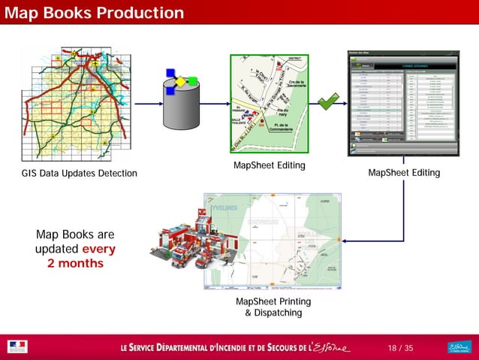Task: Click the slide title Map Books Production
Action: pos(93,13)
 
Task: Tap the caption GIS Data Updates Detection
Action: pos(80,174)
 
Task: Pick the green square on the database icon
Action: pos(193,81)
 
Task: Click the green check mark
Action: pos(327,101)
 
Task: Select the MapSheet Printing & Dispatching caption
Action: pos(273,307)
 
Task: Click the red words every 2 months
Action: pos(81,256)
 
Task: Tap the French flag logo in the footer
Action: pos(17,347)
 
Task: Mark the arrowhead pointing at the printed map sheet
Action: pos(343,240)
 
